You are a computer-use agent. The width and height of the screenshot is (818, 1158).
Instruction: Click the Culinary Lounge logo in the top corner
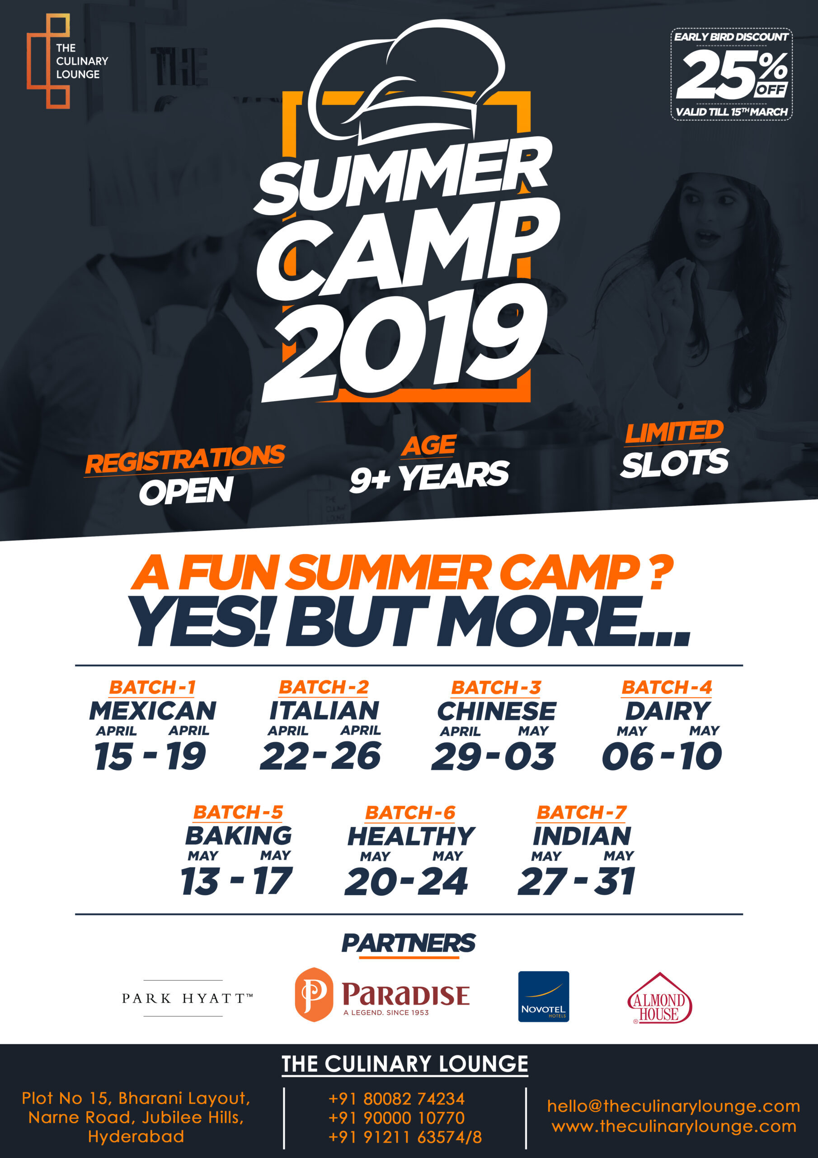[67, 61]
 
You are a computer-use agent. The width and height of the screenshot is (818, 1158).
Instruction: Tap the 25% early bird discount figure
[732, 75]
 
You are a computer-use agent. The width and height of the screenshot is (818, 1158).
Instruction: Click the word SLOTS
[674, 463]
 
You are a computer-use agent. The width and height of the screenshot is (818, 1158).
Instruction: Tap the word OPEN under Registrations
[186, 491]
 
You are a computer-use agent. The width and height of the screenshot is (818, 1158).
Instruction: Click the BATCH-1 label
[152, 687]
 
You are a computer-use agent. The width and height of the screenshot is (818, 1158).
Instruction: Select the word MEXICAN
[153, 711]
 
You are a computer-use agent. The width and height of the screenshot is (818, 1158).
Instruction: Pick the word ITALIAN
[324, 711]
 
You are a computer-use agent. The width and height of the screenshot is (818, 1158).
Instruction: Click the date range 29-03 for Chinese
[493, 756]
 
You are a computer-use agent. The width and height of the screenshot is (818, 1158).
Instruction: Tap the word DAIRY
[668, 711]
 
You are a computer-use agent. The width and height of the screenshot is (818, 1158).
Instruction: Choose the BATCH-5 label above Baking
[238, 812]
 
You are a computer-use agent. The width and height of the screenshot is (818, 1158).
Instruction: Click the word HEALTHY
[411, 836]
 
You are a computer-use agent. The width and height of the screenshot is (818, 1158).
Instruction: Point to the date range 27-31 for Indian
[576, 882]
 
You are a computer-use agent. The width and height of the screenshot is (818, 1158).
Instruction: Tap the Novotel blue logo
[543, 997]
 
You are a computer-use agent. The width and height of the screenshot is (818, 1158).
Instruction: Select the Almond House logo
[659, 998]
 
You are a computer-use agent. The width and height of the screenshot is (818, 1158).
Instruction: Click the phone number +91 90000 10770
[396, 1118]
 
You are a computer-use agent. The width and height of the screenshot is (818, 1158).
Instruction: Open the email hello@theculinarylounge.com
[674, 1106]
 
